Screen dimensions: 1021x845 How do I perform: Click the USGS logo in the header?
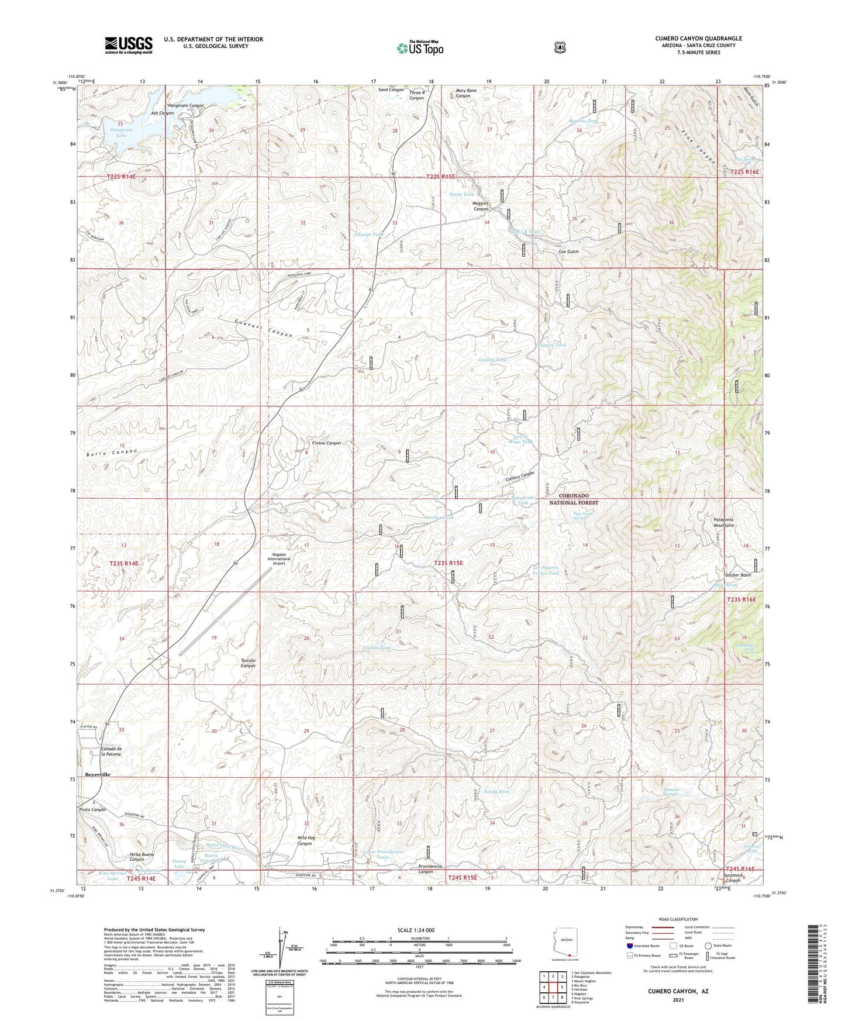coord(129,45)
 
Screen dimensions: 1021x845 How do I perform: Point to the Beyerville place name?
coord(98,774)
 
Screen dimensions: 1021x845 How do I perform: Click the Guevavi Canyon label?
coord(263,329)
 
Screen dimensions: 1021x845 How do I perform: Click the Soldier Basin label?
coord(737,575)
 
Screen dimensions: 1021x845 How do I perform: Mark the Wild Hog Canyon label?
coord(306,840)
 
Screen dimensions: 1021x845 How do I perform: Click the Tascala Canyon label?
coord(248,663)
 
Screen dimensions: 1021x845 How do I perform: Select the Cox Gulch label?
coord(568,252)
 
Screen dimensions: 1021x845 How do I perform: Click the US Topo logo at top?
coord(419,48)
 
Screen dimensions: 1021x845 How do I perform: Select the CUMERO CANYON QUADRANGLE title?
coord(698,39)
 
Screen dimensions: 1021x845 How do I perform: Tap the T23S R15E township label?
coord(448,563)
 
